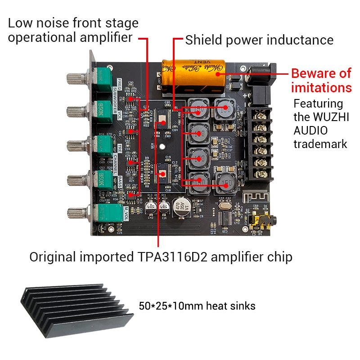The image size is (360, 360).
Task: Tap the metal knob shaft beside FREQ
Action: pyautogui.click(x=74, y=79)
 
